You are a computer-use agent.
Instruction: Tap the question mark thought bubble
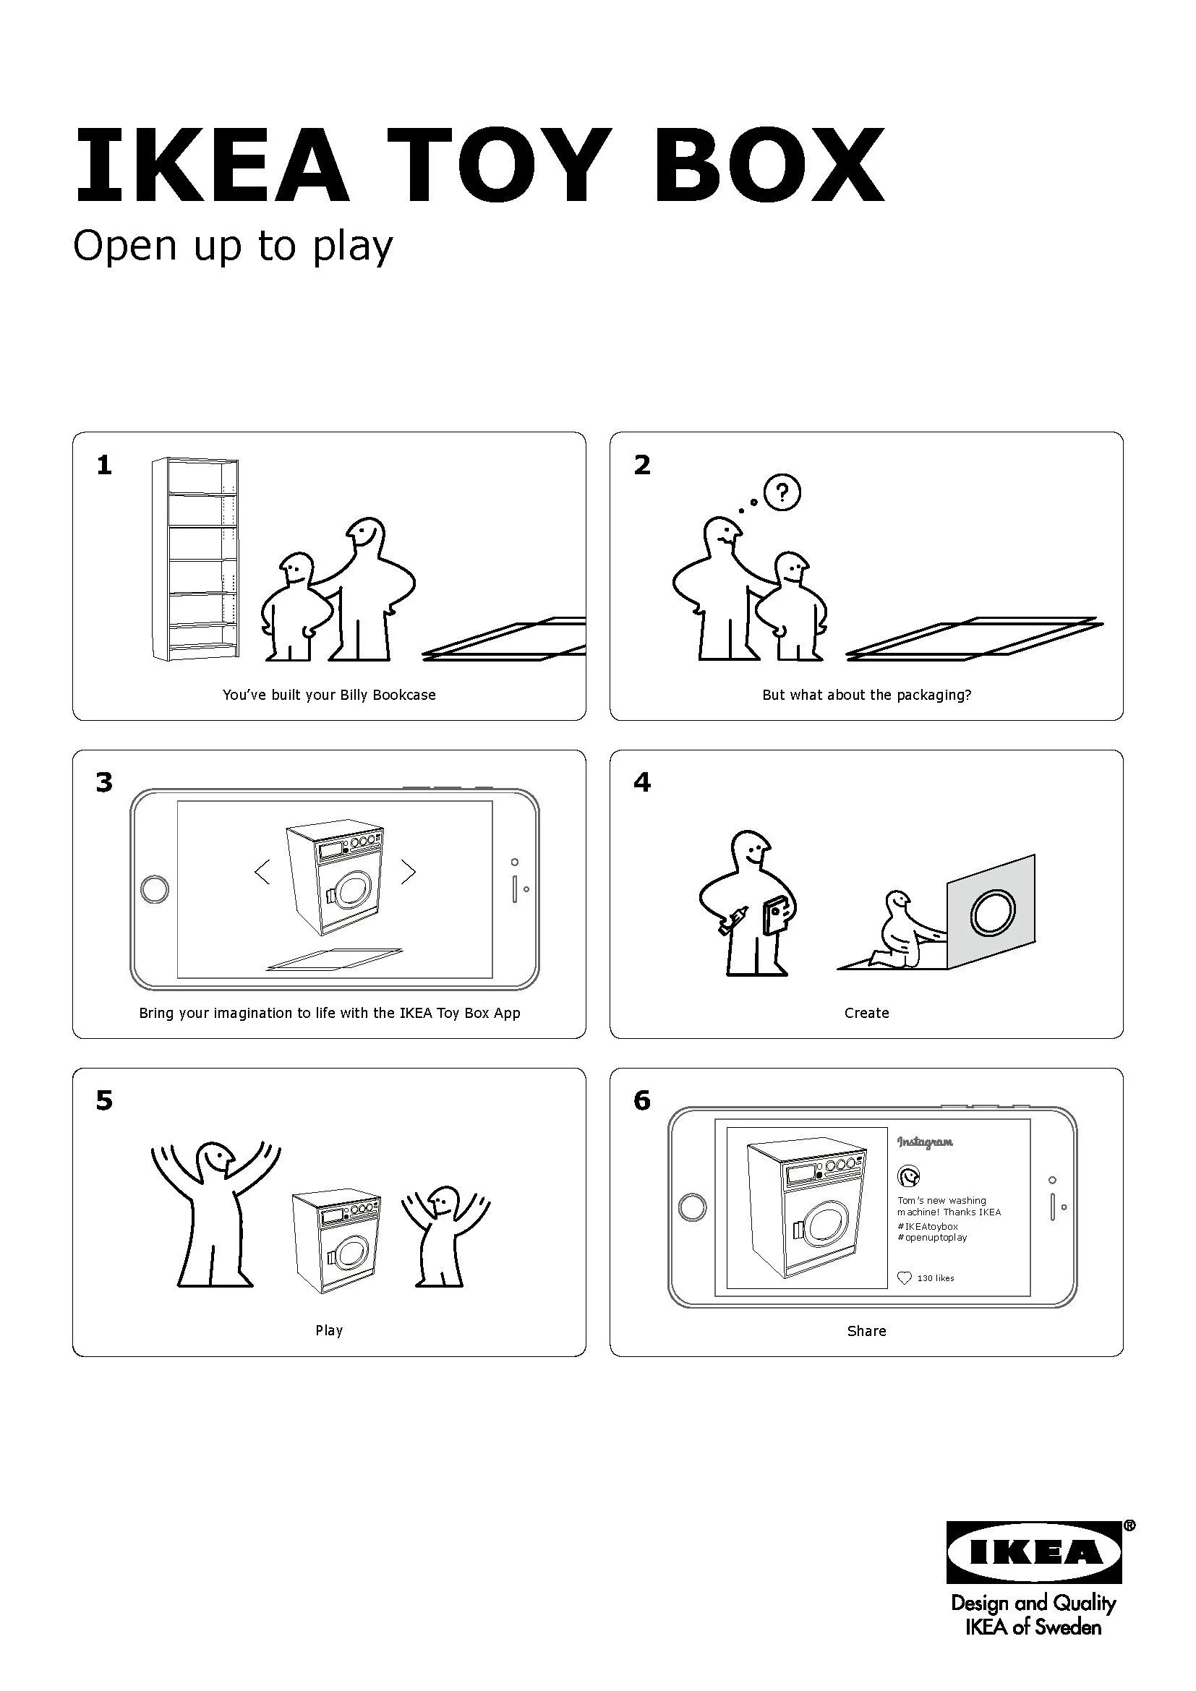coord(782,492)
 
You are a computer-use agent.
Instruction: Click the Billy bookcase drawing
coord(195,558)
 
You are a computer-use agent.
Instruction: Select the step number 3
coord(105,782)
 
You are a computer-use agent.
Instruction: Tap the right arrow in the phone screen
coord(408,872)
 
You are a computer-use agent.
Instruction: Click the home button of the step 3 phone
coord(155,889)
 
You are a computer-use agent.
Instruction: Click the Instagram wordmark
coord(925,1142)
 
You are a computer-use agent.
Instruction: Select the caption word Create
coord(867,1013)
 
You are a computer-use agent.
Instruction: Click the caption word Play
coord(329,1330)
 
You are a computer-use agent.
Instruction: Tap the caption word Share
coord(867,1331)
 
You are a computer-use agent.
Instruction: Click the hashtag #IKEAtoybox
coord(928,1226)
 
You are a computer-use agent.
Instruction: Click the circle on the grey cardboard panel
coord(993,913)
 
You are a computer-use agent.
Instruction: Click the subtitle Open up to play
coord(233,246)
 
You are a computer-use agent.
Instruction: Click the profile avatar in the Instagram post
coord(909,1176)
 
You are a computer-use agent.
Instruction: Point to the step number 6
coord(642,1100)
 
